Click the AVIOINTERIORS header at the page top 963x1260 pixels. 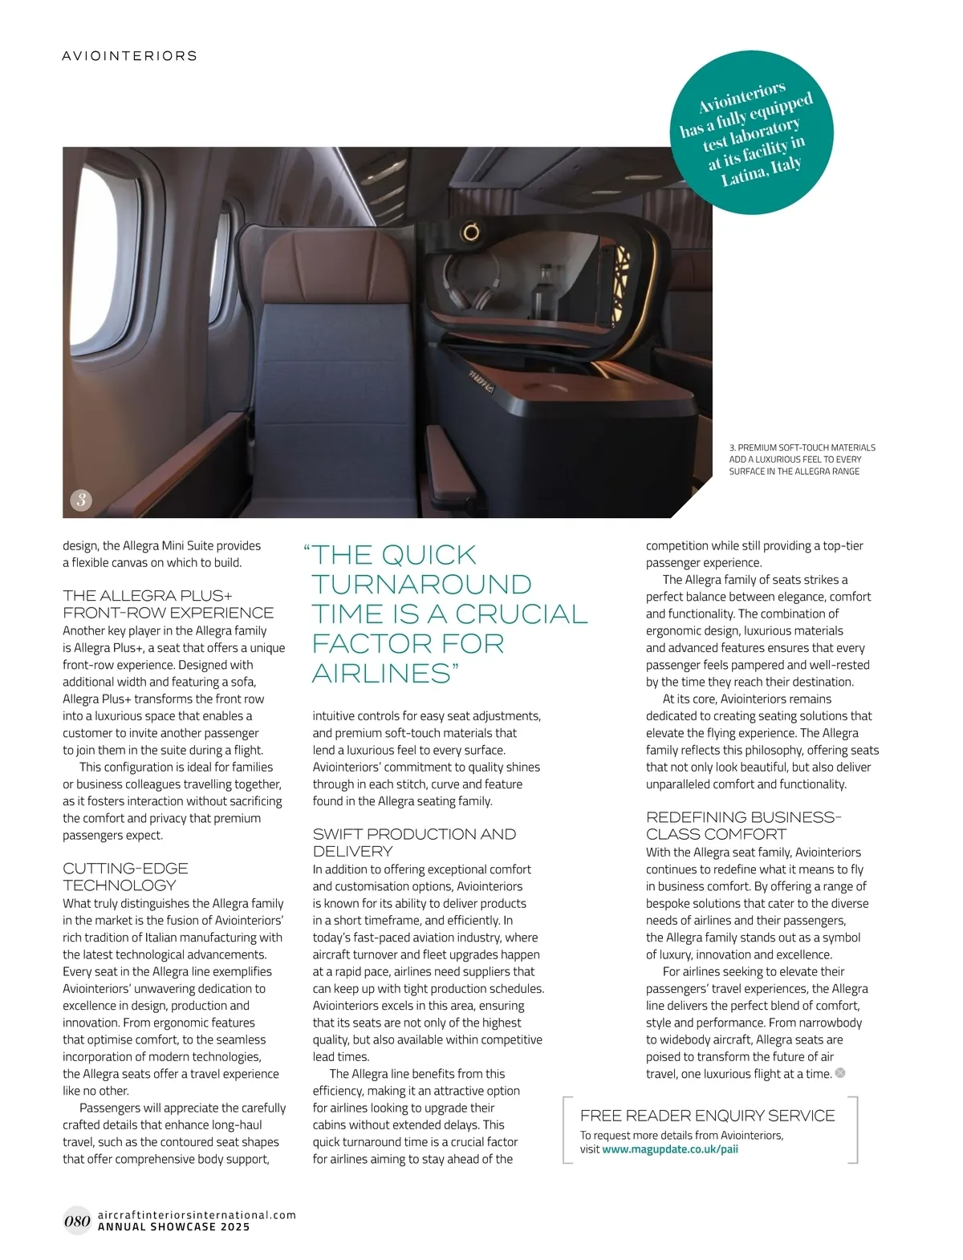click(x=129, y=56)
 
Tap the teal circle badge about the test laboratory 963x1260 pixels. click(x=751, y=133)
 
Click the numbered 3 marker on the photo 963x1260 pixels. click(x=80, y=500)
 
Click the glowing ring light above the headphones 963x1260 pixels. click(x=471, y=233)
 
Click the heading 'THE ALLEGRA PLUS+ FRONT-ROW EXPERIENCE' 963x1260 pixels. click(x=168, y=604)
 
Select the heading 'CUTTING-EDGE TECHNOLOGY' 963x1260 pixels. click(x=125, y=877)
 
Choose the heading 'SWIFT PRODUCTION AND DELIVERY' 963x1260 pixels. click(x=413, y=842)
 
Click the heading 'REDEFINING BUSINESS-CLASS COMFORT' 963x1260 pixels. click(x=743, y=825)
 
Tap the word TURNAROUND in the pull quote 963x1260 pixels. click(x=421, y=584)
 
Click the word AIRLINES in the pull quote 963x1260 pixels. click(x=382, y=673)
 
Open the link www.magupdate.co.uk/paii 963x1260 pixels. click(x=670, y=1149)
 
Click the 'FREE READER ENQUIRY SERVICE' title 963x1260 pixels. click(x=707, y=1116)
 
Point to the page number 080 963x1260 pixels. click(x=77, y=1221)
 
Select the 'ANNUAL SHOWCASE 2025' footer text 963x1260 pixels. click(x=173, y=1227)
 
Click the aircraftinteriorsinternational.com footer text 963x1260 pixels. click(x=197, y=1214)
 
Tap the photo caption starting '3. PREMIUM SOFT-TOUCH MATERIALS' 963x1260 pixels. click(x=802, y=460)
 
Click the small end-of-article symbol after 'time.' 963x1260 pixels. click(x=840, y=1073)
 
